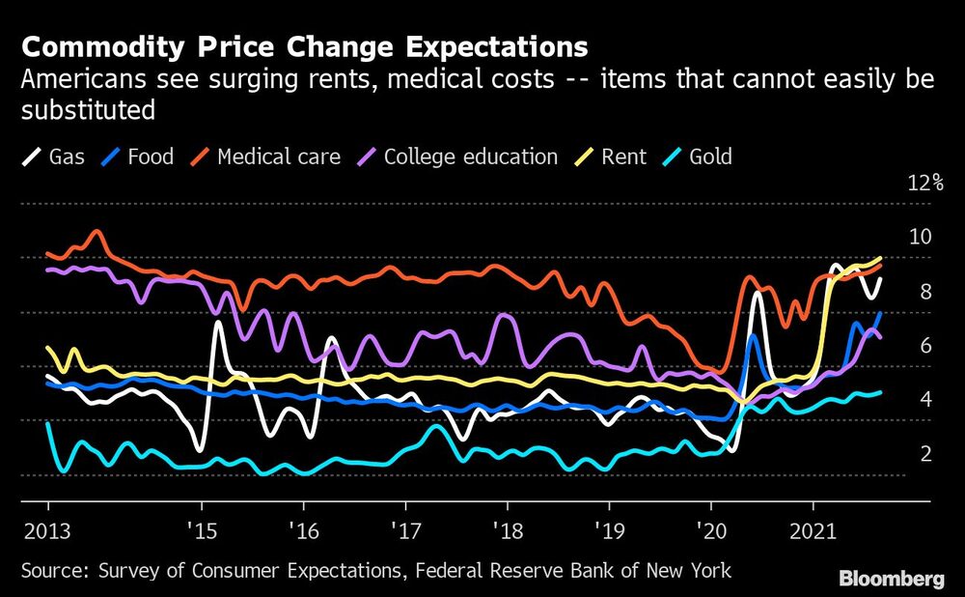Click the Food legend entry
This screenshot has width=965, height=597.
139,156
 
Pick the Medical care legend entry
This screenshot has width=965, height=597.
266,156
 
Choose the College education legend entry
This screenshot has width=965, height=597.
457,156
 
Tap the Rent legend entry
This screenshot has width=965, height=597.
612,156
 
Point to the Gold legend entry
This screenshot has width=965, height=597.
700,156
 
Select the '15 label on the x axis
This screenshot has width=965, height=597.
201,532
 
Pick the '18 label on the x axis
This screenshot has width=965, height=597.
506,532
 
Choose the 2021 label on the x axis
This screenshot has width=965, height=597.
813,532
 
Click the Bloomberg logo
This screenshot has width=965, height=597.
891,579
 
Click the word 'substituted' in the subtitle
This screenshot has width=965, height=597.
88,110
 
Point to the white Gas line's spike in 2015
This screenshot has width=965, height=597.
219,323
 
